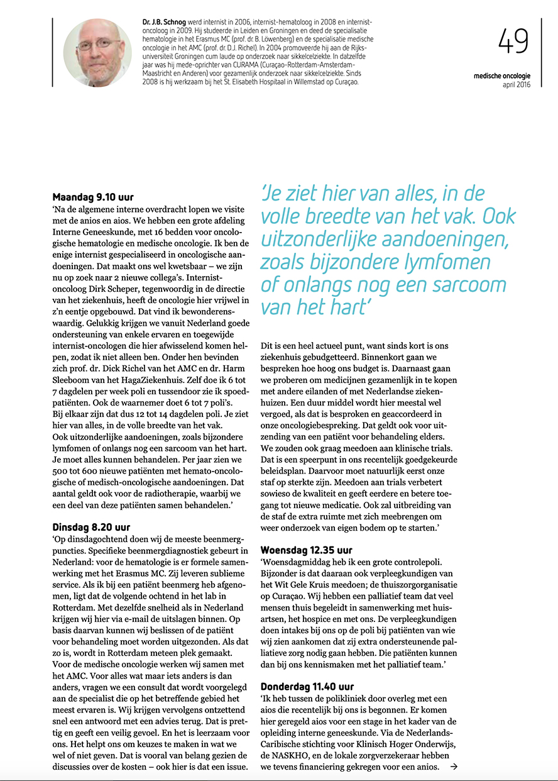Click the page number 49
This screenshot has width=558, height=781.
pyautogui.click(x=513, y=42)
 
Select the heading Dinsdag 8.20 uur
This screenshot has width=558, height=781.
pyautogui.click(x=91, y=527)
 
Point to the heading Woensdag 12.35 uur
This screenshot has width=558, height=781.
pyautogui.click(x=307, y=550)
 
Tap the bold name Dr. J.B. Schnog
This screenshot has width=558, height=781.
pyautogui.click(x=167, y=22)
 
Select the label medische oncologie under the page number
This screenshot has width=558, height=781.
pyautogui.click(x=502, y=76)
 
